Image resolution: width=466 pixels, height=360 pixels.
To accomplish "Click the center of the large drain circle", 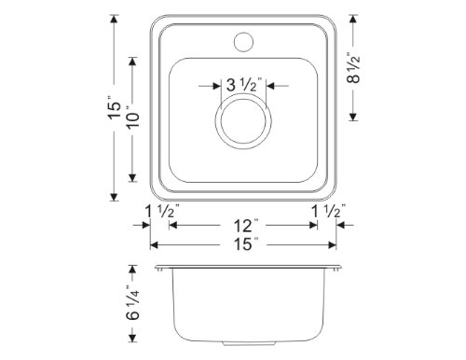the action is (x=243, y=121).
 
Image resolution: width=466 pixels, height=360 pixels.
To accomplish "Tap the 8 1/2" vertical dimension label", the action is (x=353, y=67).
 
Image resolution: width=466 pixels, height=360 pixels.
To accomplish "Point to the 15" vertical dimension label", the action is (x=114, y=106).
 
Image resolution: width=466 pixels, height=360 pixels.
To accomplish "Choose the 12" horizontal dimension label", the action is (x=243, y=226).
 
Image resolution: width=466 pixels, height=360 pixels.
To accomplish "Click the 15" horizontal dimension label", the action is (x=243, y=243).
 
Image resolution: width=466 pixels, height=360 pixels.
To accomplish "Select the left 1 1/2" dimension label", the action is (x=162, y=211).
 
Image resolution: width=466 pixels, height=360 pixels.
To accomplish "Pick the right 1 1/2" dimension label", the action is (x=329, y=211).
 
